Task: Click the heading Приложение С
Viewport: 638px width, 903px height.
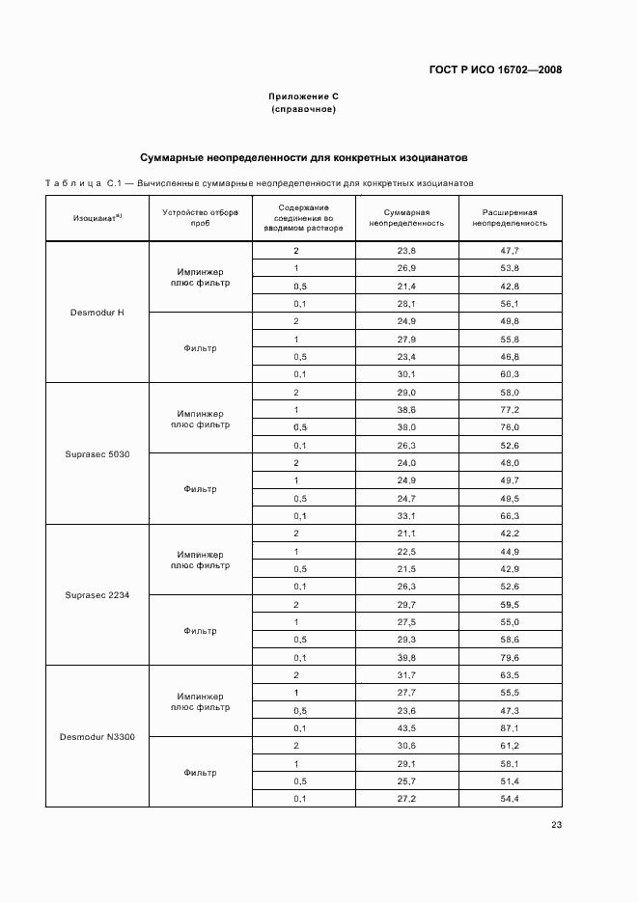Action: point(303,96)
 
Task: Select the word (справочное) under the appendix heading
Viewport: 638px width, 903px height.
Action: point(303,109)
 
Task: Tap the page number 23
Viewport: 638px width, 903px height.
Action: point(556,824)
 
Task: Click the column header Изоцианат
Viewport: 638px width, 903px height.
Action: point(97,218)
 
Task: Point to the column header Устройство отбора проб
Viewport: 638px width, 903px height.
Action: point(200,217)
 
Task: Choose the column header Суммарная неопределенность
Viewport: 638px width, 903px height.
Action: point(406,217)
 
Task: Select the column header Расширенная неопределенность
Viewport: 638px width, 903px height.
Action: point(510,217)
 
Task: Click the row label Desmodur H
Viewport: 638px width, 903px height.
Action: point(97,312)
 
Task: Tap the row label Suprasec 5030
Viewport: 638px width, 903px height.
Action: point(97,453)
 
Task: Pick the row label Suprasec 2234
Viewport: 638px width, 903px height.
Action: point(97,595)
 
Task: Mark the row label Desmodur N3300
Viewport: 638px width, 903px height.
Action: point(97,737)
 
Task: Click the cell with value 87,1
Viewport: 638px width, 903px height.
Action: point(510,727)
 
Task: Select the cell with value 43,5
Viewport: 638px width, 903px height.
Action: point(406,727)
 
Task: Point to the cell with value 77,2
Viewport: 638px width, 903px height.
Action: point(510,409)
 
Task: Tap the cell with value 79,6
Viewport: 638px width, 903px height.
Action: point(510,657)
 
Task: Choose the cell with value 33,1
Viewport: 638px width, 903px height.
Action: point(406,515)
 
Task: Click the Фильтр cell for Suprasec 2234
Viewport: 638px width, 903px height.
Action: point(200,631)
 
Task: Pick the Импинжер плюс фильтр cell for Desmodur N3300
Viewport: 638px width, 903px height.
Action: point(200,701)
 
